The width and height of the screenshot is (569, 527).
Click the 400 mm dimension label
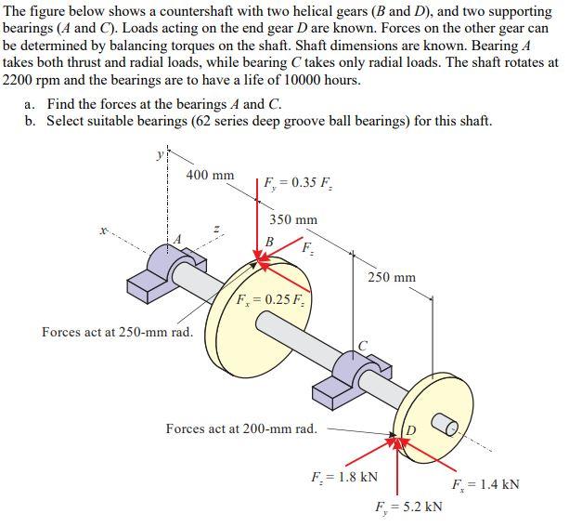coord(210,174)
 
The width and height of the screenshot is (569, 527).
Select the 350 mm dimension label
coord(293,220)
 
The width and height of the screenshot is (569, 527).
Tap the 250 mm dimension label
coord(392,277)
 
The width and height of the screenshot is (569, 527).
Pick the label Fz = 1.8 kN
coord(343,478)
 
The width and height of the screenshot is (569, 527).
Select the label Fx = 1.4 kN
coord(485,484)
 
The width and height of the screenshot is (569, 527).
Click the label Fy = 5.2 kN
coord(408,507)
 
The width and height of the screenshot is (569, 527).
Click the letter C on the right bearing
coord(364,347)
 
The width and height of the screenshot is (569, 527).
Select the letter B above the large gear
coord(268,242)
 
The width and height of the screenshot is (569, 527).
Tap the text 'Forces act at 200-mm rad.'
coord(240,428)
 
